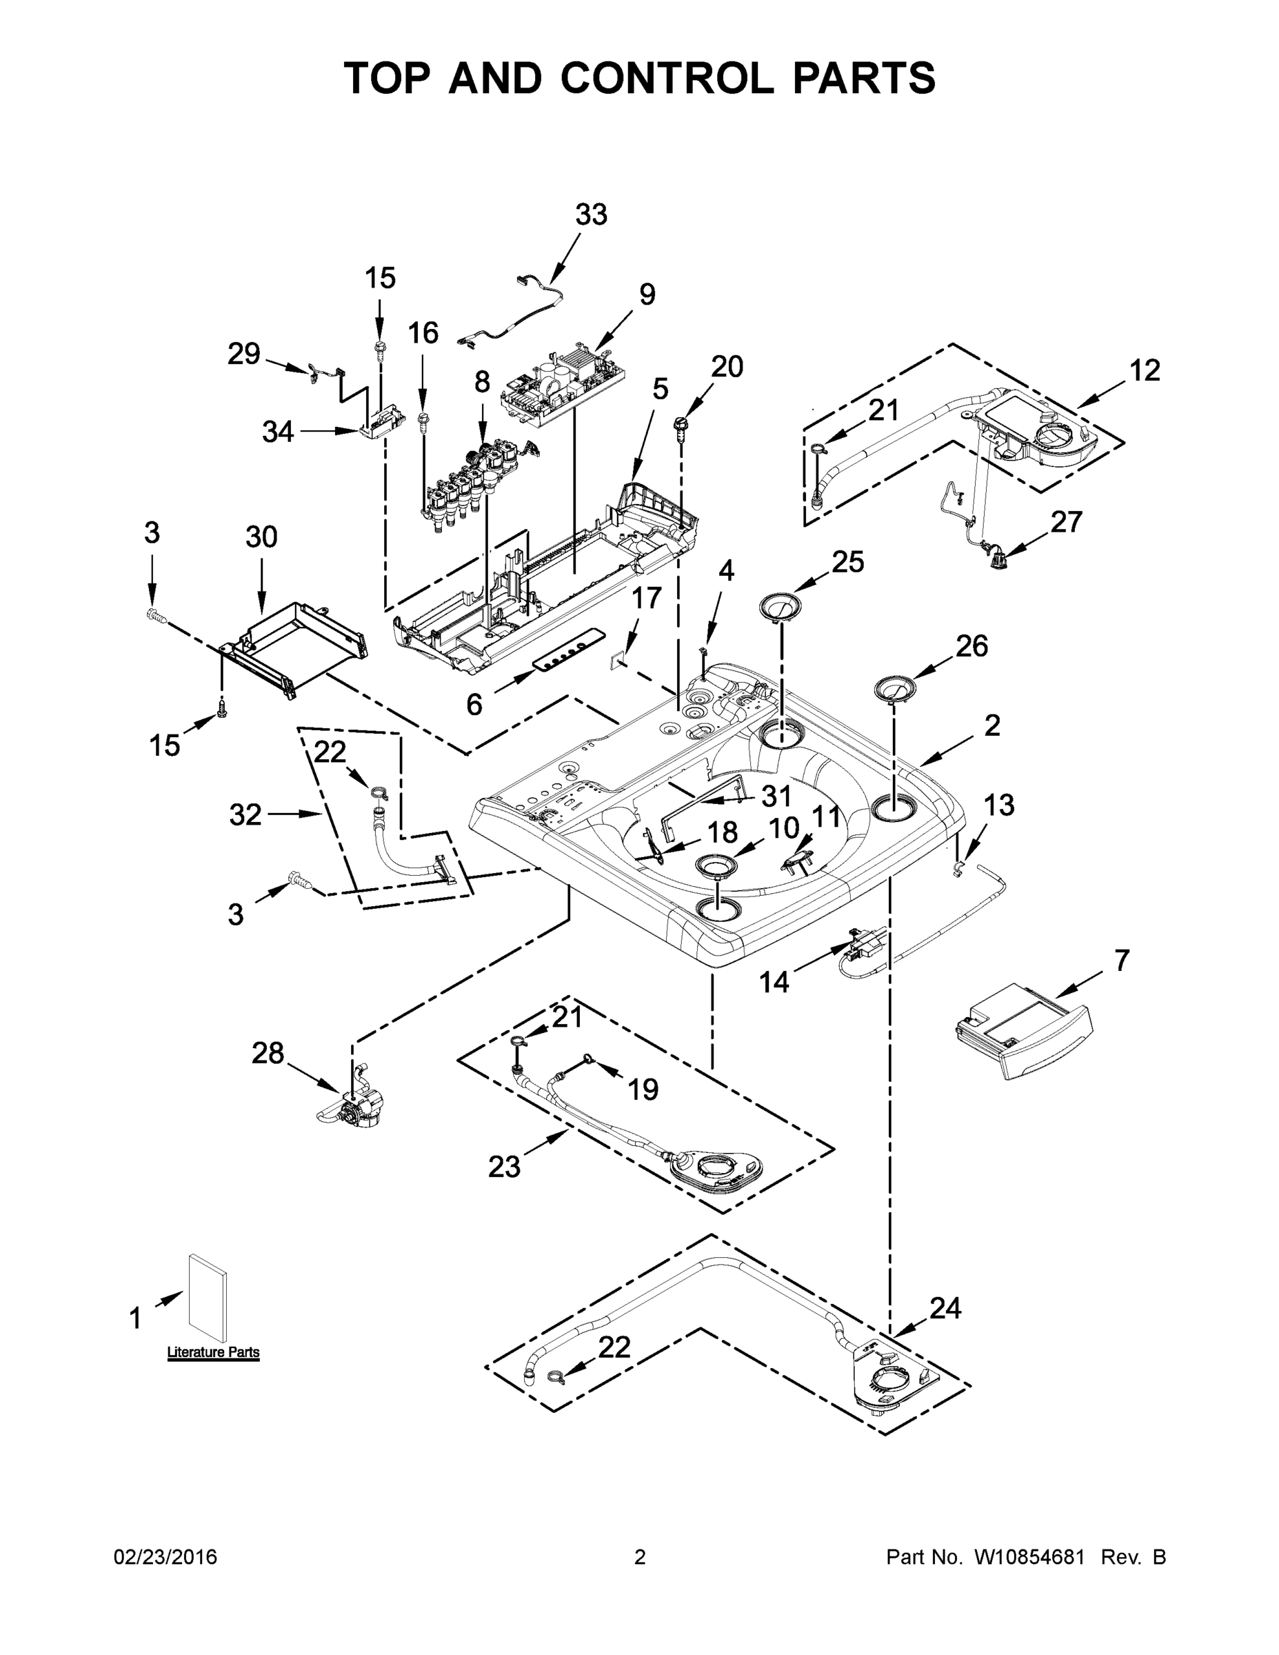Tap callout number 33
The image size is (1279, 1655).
coord(591,215)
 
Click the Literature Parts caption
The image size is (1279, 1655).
coord(213,1352)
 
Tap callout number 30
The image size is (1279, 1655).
coord(261,536)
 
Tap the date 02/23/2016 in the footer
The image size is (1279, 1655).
coord(165,1557)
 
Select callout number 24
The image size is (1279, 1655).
coord(945,1308)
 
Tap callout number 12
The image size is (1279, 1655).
coord(1145,370)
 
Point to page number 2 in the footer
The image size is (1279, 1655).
coord(640,1557)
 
